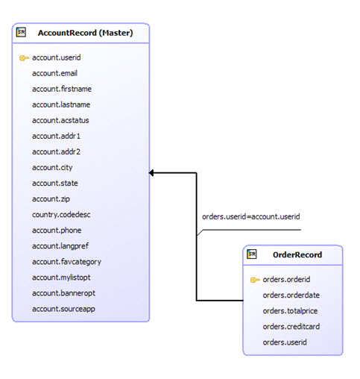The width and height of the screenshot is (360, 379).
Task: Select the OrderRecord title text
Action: pyautogui.click(x=297, y=254)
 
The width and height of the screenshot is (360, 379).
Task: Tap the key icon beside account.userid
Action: pyautogui.click(x=24, y=57)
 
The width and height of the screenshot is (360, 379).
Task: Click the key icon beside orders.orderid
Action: pyautogui.click(x=255, y=280)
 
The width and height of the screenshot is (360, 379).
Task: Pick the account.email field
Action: pyautogui.click(x=54, y=73)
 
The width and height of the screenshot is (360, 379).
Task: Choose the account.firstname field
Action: pyautogui.click(x=62, y=89)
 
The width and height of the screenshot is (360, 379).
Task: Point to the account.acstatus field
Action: pyautogui.click(x=61, y=120)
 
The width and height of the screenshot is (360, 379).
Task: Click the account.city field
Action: pyautogui.click(x=52, y=167)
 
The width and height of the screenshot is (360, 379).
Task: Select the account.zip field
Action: pyautogui.click(x=50, y=198)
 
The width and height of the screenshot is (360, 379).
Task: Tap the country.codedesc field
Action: pyautogui.click(x=61, y=214)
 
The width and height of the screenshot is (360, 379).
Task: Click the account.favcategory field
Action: pyautogui.click(x=66, y=261)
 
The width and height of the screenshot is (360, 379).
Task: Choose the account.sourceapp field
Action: pyautogui.click(x=63, y=308)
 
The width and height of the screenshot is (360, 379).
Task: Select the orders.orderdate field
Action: pyautogui.click(x=291, y=295)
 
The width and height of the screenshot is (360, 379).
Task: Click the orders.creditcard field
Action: pyautogui.click(x=291, y=327)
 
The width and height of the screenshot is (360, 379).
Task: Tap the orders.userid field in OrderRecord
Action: pyautogui.click(x=285, y=342)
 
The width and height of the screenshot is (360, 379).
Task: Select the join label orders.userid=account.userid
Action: pyautogui.click(x=250, y=216)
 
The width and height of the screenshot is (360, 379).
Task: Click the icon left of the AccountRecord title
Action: pyautogui.click(x=21, y=33)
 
